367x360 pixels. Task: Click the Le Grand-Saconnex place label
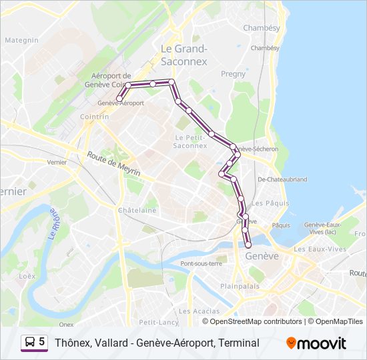184,55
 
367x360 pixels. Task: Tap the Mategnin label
22,40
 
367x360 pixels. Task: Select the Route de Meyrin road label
113,164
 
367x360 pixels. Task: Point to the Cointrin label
94,116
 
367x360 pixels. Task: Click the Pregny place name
233,74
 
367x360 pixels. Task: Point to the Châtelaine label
137,210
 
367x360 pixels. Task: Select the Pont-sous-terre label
201,263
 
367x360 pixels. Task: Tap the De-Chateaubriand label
282,179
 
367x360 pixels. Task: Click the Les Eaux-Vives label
320,249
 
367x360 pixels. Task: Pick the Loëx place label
27,275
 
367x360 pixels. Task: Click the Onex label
66,324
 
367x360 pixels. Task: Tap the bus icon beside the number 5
30,343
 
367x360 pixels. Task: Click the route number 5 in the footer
42,342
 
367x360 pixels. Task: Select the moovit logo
316,343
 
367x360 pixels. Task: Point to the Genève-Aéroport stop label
121,103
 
